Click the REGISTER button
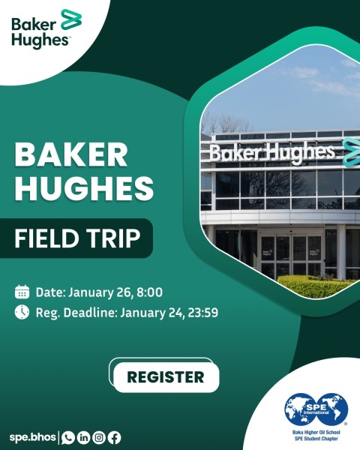tap(166, 376)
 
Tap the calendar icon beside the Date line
tap(22, 292)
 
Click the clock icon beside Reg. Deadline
tap(22, 312)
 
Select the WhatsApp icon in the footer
tap(68, 437)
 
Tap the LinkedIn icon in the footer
tap(83, 437)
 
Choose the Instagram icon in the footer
tap(98, 437)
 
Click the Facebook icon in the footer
tap(113, 437)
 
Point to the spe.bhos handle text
tap(32, 437)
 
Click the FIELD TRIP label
tap(78, 238)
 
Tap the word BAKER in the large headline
tap(71, 154)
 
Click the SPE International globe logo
tap(316, 410)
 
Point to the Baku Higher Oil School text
tap(315, 433)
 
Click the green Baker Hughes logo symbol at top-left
tap(70, 19)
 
